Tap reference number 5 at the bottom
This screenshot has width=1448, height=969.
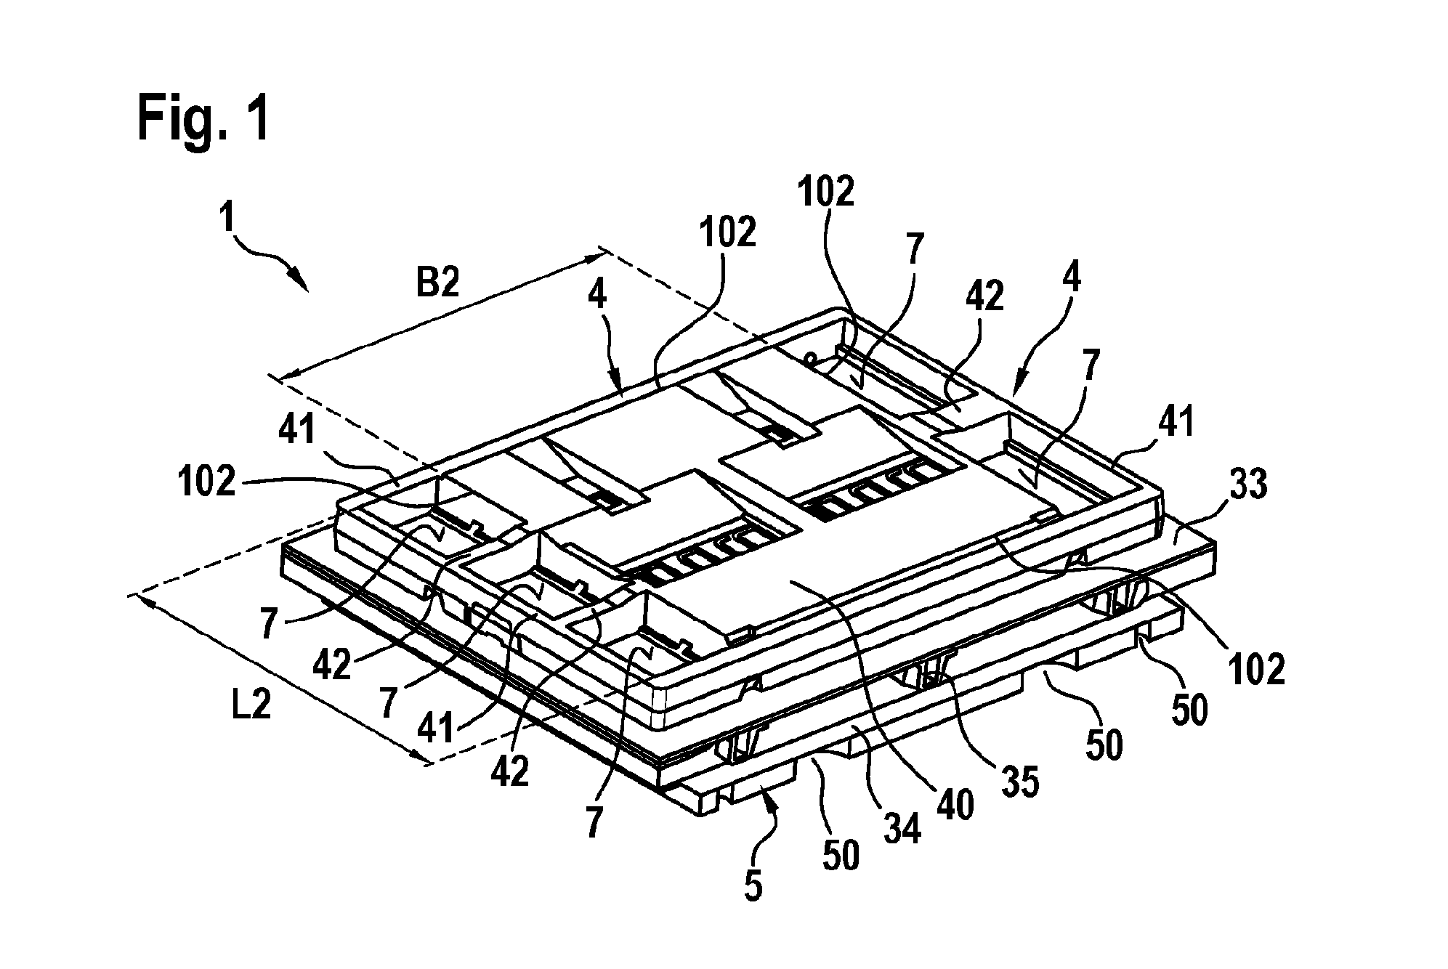pyautogui.click(x=753, y=885)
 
